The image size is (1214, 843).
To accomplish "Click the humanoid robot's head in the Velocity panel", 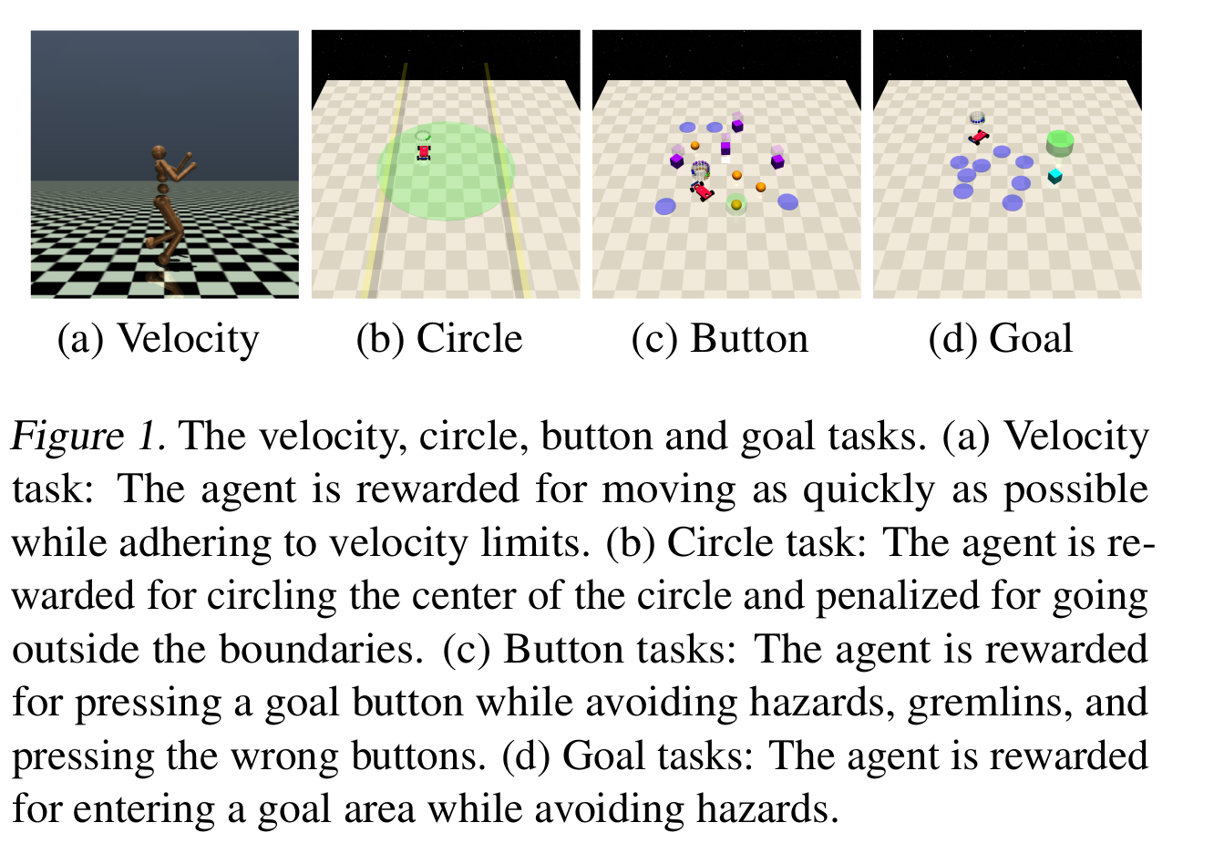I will (160, 152).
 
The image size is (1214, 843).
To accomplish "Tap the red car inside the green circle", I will (424, 152).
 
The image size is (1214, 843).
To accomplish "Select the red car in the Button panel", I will (702, 190).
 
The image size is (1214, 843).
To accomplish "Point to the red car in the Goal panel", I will (979, 137).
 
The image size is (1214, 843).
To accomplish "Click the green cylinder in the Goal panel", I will (1060, 141).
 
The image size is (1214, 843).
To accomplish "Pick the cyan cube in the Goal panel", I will (1055, 176).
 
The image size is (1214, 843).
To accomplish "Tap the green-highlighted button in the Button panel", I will (736, 205).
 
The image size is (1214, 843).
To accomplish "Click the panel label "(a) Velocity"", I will (159, 339).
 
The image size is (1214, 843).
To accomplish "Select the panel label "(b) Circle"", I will (439, 339).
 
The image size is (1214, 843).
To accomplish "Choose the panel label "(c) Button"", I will (720, 339).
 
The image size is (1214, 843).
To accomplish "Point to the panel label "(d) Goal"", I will (1000, 339).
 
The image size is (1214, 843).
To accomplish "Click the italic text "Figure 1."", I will (88, 437).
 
